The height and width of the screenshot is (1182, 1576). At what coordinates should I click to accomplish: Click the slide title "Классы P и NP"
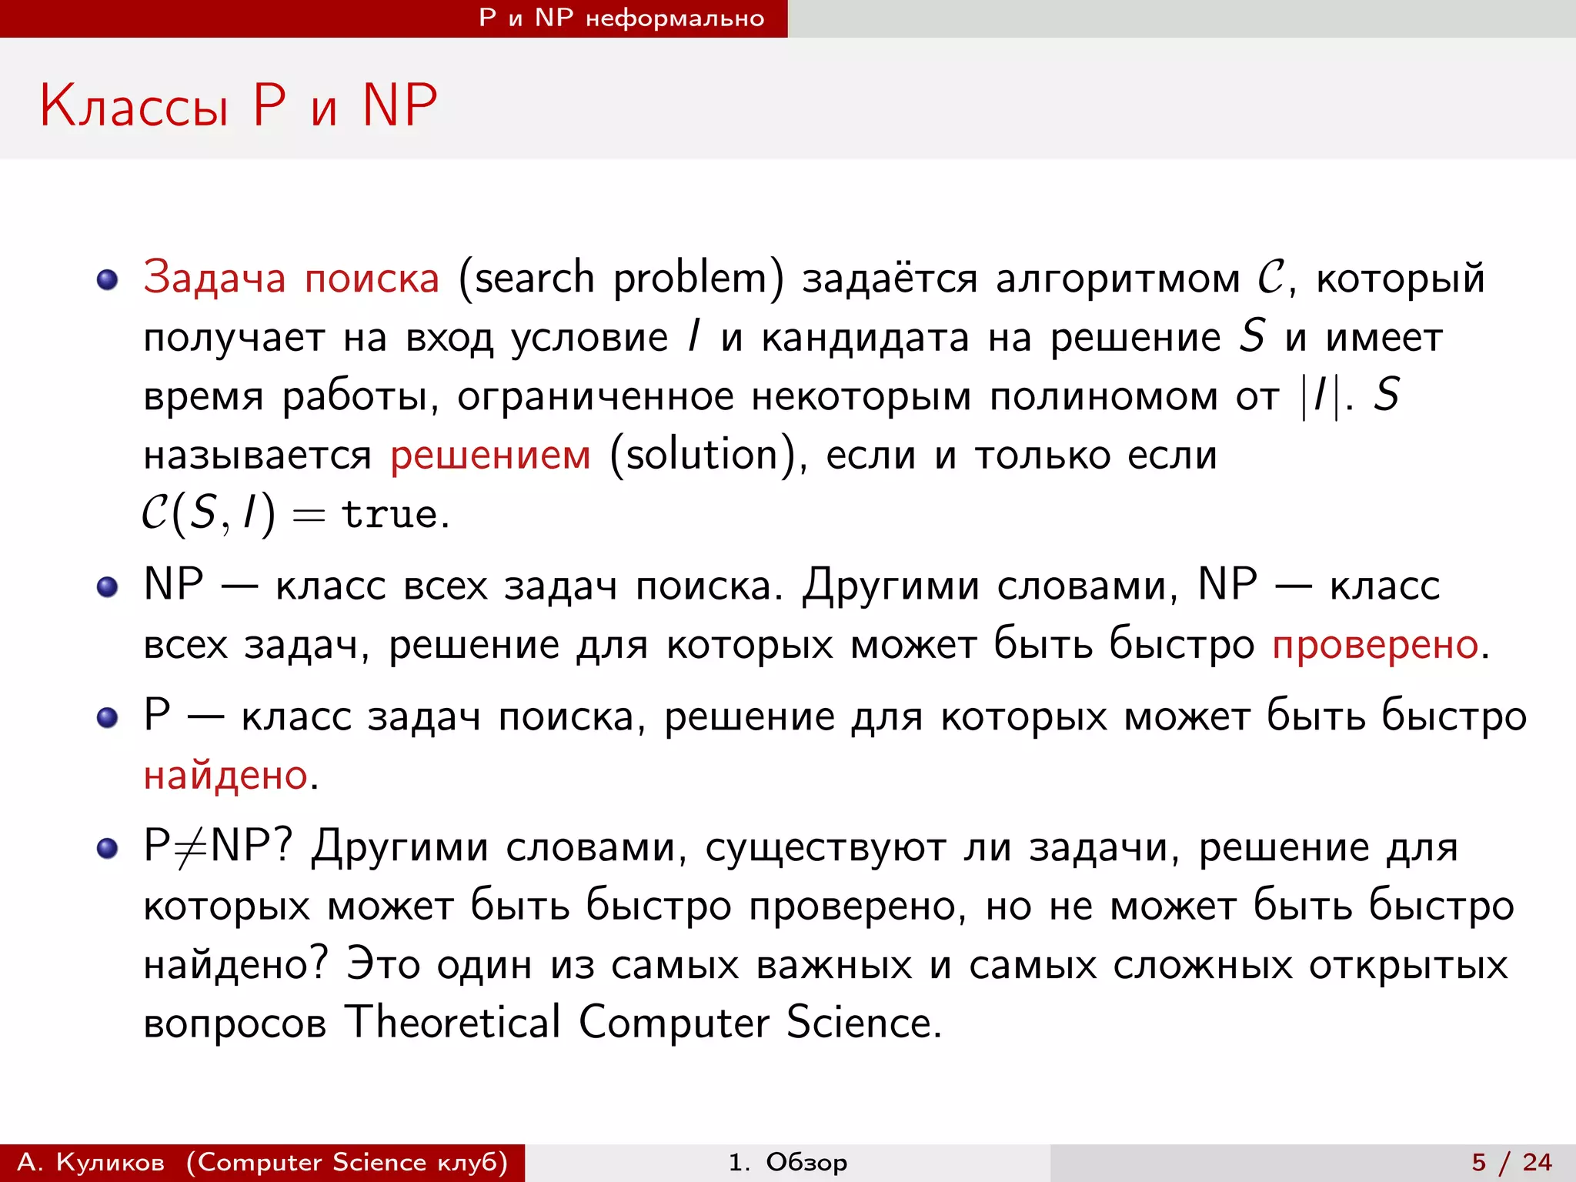point(239,105)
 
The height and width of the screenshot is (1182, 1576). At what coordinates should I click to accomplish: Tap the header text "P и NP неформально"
point(621,18)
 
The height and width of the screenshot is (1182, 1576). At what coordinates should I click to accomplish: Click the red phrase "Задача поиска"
point(291,277)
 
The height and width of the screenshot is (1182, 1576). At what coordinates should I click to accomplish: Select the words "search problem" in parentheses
point(621,278)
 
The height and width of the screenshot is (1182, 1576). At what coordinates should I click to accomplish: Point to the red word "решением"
point(490,455)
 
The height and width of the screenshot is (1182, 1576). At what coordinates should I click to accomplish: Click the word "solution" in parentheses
point(702,455)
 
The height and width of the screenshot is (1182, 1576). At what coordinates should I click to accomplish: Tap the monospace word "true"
point(390,514)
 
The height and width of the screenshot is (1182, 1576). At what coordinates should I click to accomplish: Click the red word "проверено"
point(1375,644)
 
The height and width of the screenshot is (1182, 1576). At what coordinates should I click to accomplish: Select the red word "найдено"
point(225,775)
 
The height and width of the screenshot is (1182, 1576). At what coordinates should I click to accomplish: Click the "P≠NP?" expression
point(218,846)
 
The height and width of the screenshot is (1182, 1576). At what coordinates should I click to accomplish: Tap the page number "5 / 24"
point(1511,1162)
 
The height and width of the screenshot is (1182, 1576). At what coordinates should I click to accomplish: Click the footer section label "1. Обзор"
point(787,1162)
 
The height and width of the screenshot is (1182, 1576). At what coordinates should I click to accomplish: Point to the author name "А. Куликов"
point(91,1162)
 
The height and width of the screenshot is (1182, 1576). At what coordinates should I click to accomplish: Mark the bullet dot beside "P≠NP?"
point(108,849)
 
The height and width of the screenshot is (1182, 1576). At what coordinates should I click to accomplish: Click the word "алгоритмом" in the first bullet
point(1117,278)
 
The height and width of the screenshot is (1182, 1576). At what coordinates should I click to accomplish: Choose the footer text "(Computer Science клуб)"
point(347,1162)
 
